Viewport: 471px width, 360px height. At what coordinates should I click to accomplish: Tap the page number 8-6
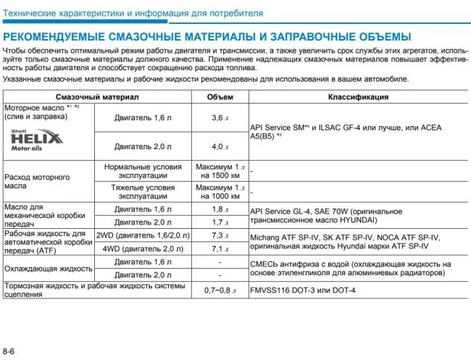[x=10, y=351]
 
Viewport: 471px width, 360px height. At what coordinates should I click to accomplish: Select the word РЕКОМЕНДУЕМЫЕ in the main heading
[x=54, y=36]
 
